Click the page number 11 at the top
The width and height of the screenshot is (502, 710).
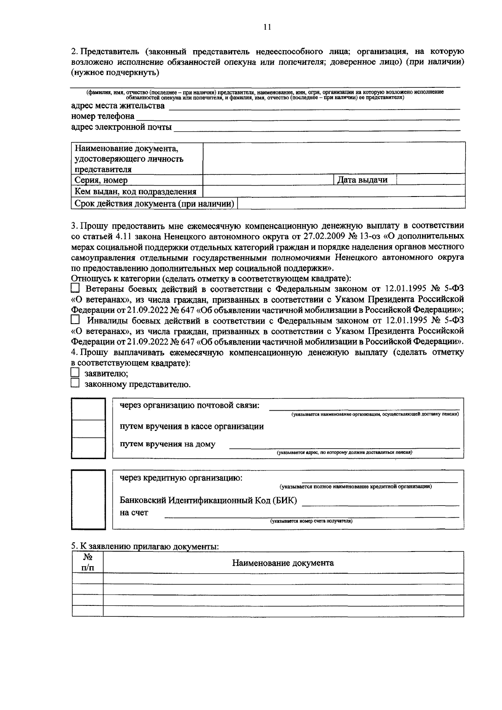(268, 27)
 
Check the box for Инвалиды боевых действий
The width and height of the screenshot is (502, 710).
(75, 320)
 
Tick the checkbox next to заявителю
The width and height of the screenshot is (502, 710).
(75, 373)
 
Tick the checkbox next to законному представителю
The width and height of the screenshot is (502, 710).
(75, 383)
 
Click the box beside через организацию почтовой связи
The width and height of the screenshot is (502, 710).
(88, 409)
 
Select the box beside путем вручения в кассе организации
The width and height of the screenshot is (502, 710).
(88, 428)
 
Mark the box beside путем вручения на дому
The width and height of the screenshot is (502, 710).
(88, 447)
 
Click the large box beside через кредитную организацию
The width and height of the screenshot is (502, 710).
(88, 499)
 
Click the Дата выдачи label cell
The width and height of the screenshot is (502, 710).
(364, 180)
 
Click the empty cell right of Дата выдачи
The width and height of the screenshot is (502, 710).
(430, 180)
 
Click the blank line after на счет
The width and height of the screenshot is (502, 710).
(311, 516)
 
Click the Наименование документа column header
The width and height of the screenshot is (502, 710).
(283, 563)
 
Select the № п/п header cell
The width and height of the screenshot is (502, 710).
(87, 562)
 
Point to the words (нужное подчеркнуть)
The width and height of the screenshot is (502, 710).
(115, 73)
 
